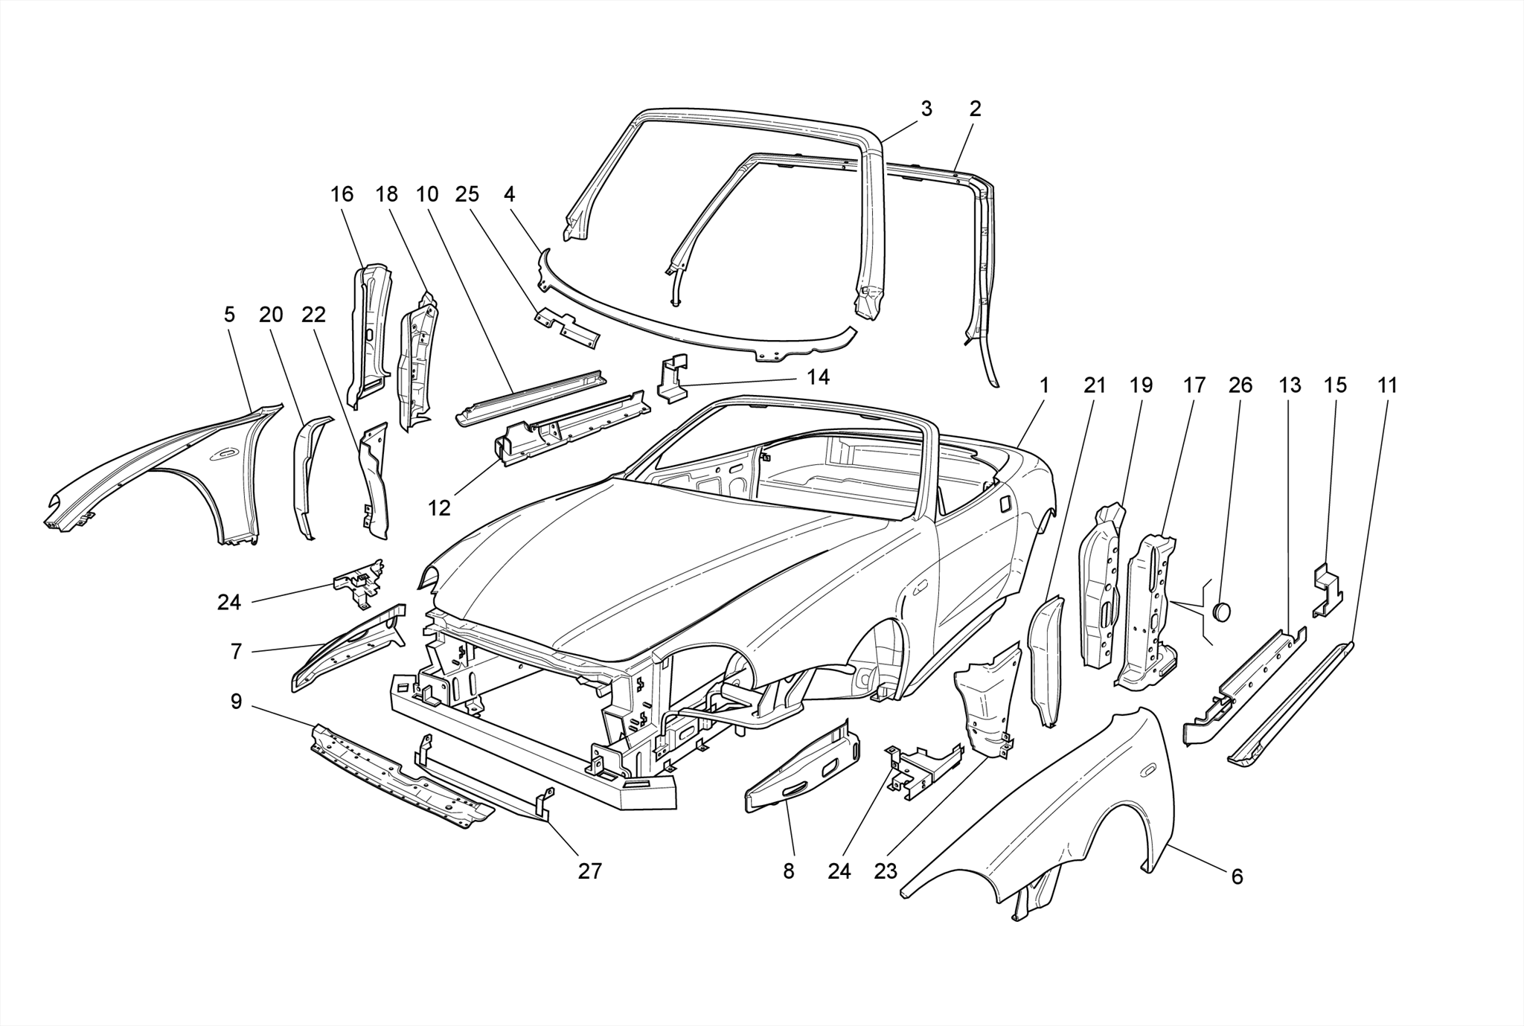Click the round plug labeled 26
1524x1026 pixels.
tap(1222, 612)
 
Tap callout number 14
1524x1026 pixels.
tap(818, 377)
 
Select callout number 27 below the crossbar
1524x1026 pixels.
tap(589, 871)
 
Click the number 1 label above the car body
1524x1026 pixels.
tap(1044, 385)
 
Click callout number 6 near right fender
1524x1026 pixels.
tap(1237, 877)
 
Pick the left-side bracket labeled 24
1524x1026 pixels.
tap(359, 580)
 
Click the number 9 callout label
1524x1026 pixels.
tap(236, 701)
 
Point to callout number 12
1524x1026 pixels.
tap(439, 508)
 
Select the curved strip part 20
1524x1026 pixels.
tap(309, 476)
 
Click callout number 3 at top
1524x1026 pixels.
tap(926, 109)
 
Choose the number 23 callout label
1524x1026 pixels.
tap(886, 871)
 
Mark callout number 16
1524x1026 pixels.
tap(342, 194)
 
